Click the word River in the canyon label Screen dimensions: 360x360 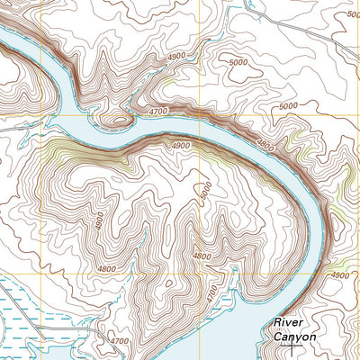(x=291, y=321)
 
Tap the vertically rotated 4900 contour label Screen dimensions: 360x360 (x=98, y=219)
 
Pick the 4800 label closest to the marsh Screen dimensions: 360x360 (x=107, y=268)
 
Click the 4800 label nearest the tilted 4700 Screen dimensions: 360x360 (x=202, y=256)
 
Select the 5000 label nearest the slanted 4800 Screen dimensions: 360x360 (x=287, y=105)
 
